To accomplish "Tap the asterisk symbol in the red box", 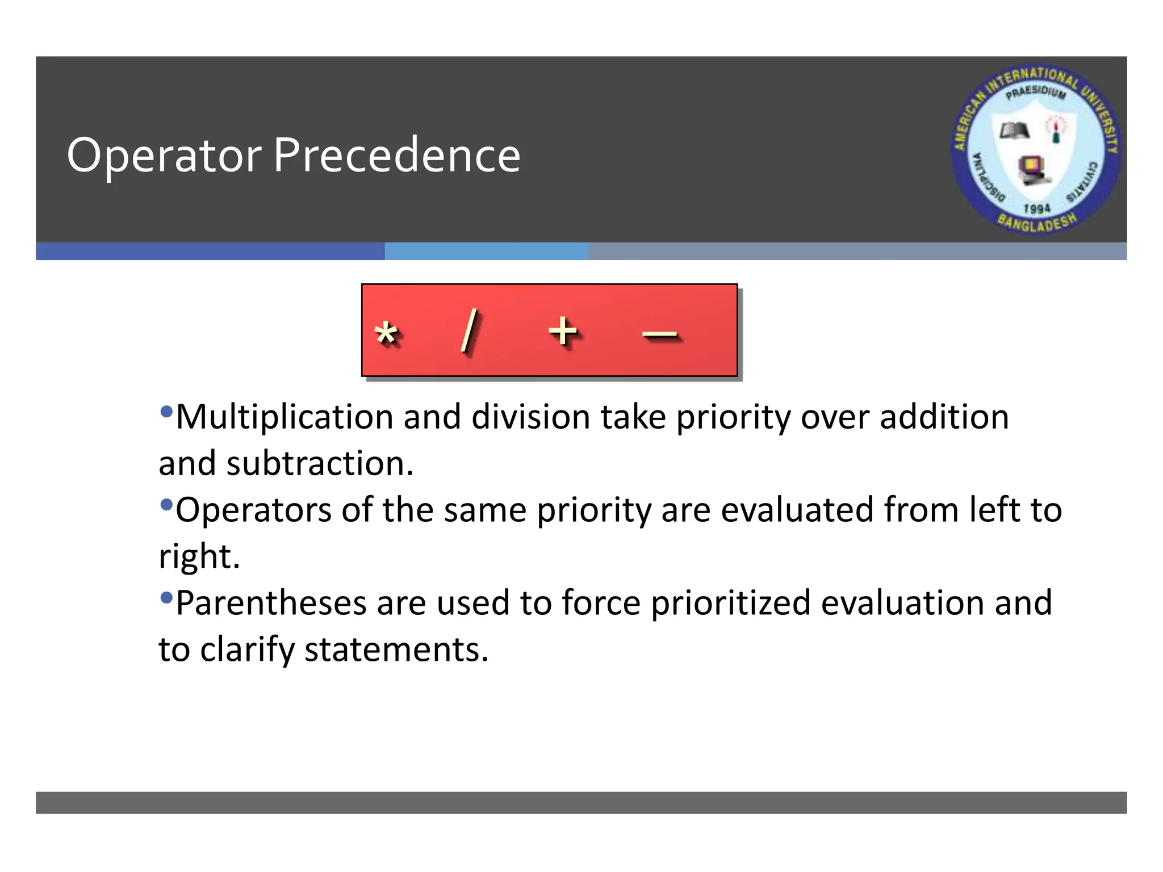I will click(386, 333).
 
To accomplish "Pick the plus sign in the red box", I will click(562, 331).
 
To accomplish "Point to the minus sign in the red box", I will click(659, 335).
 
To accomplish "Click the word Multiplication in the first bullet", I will click(284, 418).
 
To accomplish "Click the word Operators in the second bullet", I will click(253, 510).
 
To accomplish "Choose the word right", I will click(199, 557).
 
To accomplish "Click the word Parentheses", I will click(271, 603).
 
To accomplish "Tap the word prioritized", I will click(730, 603).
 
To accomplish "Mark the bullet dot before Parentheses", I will click(166, 597).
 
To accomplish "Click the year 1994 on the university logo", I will click(1036, 208).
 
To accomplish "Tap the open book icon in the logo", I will click(1014, 131).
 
